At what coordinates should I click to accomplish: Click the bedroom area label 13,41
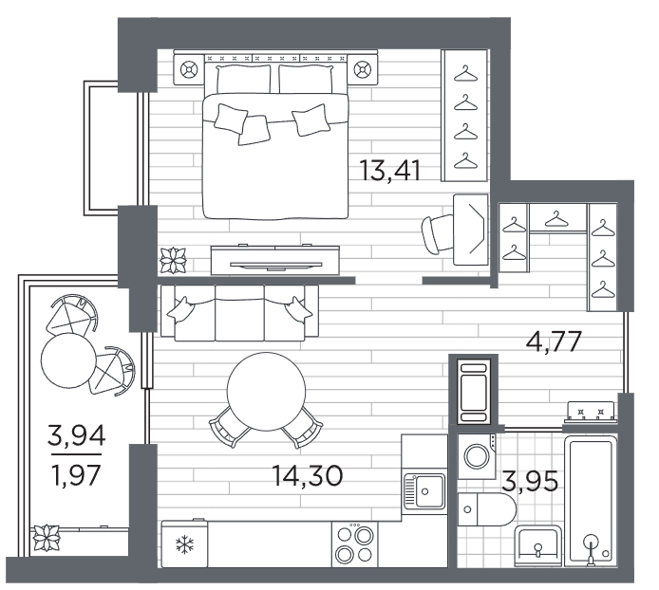coord(389,171)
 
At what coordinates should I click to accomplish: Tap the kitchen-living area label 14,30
coord(308,476)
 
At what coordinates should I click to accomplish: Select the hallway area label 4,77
coord(554,341)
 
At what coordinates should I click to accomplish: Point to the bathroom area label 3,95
coord(531,481)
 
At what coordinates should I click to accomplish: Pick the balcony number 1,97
coord(76,475)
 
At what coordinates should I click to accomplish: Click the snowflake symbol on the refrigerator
coord(184,544)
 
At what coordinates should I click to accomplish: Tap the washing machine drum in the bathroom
coord(477,455)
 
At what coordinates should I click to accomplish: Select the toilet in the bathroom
coord(486,509)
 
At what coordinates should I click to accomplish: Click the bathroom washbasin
coord(538,544)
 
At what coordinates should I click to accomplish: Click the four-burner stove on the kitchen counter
coord(354,544)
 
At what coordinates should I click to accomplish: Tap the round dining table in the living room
coord(267,392)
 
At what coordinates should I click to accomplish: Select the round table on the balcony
coord(69,360)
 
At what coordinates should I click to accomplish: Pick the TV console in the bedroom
coord(274,260)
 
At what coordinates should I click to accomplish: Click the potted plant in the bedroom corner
coord(173,260)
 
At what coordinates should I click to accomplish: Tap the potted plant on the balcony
coord(47,538)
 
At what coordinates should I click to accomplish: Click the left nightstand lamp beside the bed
coord(189,69)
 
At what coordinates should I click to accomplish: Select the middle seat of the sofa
coord(239,314)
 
